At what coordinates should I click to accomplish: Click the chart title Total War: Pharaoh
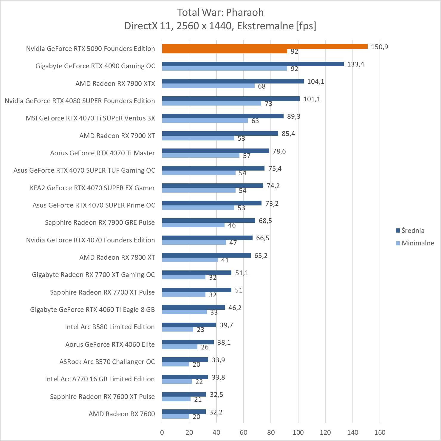[220, 12]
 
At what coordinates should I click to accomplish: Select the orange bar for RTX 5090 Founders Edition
[264, 47]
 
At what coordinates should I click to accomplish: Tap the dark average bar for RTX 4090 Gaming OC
[253, 64]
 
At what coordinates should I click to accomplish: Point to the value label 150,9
[379, 47]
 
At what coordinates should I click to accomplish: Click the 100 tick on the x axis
[298, 432]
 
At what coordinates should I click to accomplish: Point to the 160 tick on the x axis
[380, 432]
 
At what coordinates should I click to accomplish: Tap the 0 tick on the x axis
[162, 432]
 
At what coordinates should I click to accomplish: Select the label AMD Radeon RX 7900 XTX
[115, 83]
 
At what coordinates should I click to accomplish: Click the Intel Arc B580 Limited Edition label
[110, 327]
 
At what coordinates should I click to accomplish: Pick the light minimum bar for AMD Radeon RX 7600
[176, 417]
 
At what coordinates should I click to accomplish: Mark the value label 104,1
[315, 81]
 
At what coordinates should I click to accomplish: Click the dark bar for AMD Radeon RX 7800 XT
[206, 255]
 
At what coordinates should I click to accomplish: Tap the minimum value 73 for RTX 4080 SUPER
[269, 103]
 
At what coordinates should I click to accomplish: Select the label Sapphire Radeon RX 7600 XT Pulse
[102, 397]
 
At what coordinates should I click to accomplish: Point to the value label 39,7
[226, 325]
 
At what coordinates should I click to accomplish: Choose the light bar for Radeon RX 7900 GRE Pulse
[193, 225]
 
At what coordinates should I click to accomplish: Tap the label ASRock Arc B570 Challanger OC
[107, 362]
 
